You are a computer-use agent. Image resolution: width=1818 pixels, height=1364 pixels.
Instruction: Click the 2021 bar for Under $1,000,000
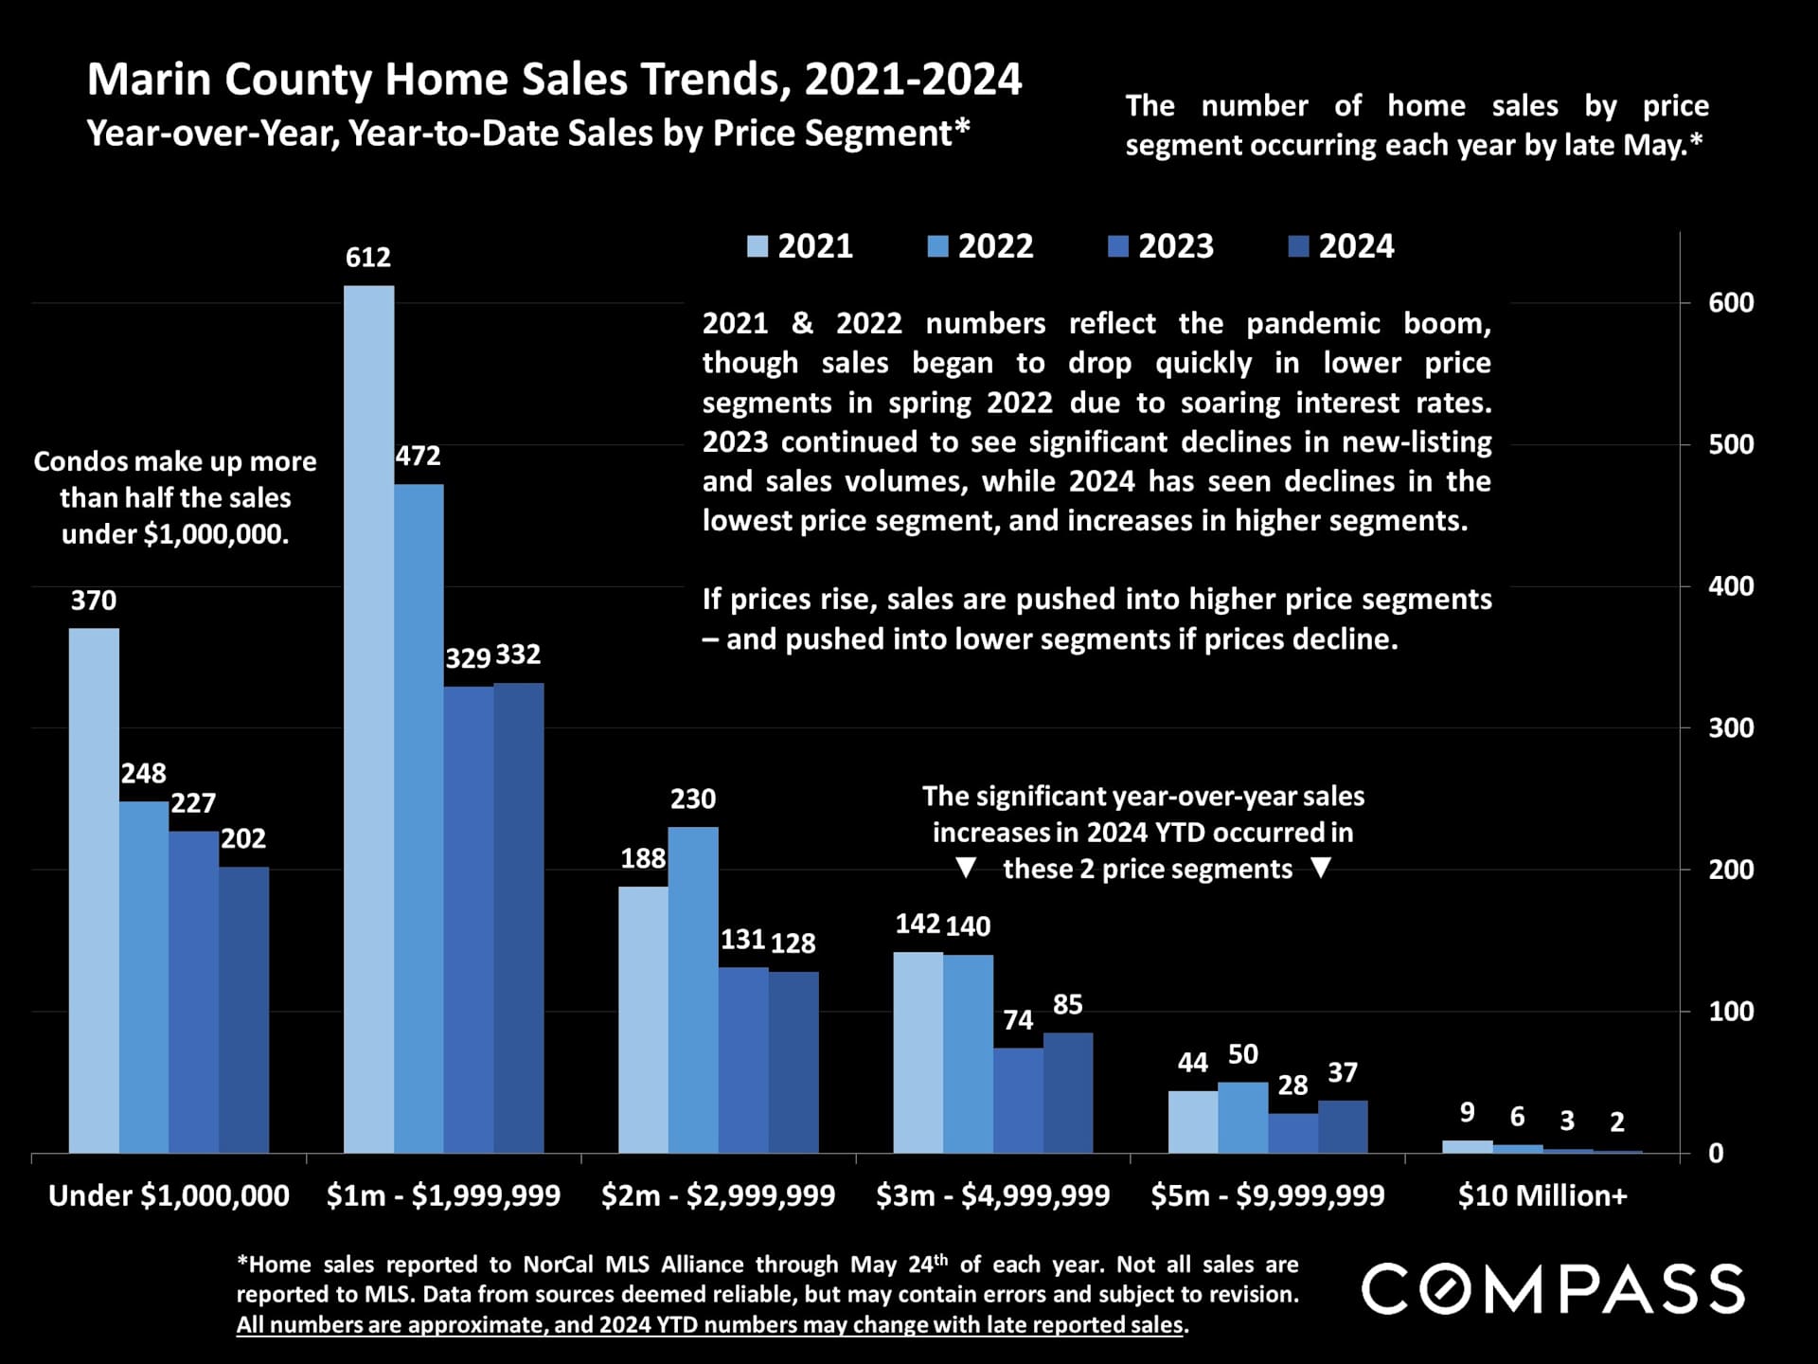pos(94,890)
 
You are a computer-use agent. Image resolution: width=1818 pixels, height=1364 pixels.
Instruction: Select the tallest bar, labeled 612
pos(368,720)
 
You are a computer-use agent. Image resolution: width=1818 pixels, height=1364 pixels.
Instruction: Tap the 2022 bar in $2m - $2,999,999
pos(693,990)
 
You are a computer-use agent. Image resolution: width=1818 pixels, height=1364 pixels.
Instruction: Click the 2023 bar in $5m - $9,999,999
pos(1292,1133)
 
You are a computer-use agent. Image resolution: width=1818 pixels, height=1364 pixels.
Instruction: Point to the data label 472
pos(418,457)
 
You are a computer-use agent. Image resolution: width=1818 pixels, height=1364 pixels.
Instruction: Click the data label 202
pos(243,839)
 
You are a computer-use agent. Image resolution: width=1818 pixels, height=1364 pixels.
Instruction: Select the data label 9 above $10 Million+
pos(1467,1113)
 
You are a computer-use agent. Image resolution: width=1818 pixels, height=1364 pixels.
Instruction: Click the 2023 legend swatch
pos(1118,247)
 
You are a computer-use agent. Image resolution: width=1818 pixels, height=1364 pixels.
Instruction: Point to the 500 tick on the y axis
pos(1731,444)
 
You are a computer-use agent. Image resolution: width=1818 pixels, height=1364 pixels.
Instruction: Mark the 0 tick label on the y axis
pos(1716,1154)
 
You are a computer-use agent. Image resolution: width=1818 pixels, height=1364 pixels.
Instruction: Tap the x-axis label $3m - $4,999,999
pos(992,1196)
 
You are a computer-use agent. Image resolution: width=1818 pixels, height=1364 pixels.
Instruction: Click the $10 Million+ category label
pos(1542,1196)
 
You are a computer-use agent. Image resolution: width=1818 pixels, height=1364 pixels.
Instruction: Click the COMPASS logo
pos(1553,1289)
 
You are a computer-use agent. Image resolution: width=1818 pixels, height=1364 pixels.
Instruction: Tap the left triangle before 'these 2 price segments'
pos(965,868)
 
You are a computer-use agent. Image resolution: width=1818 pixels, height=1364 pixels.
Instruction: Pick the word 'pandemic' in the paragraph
pos(1312,324)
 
